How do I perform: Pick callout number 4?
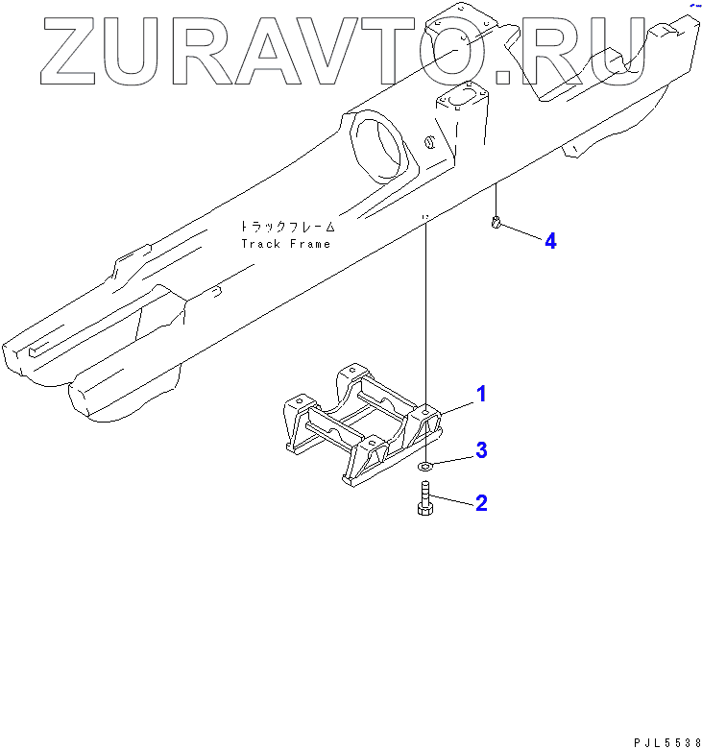tap(550, 241)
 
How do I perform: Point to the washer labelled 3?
tap(425, 467)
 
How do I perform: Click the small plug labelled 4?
tap(496, 225)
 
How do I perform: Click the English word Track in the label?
tap(261, 244)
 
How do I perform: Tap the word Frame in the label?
tap(309, 244)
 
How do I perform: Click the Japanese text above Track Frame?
tap(287, 228)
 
